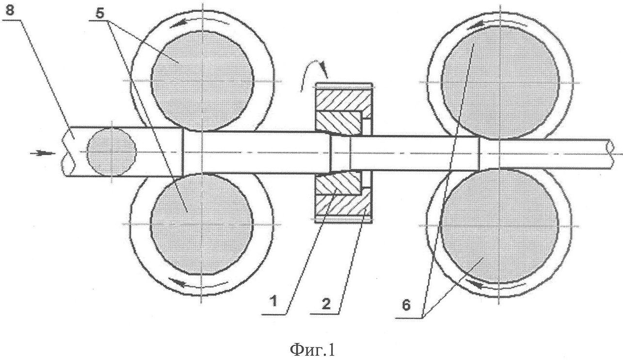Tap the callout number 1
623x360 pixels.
pyautogui.click(x=274, y=301)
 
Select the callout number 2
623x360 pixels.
pyautogui.click(x=326, y=303)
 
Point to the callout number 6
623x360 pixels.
pyautogui.click(x=406, y=305)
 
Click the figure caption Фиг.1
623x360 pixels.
pyautogui.click(x=312, y=350)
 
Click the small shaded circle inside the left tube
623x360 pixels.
pyautogui.click(x=112, y=152)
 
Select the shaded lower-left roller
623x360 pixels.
pyautogui.click(x=202, y=224)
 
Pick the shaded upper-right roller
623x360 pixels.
pyautogui.click(x=500, y=82)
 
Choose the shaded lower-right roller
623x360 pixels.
pyautogui.click(x=500, y=226)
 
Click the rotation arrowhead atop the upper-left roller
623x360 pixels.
pyautogui.click(x=177, y=24)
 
